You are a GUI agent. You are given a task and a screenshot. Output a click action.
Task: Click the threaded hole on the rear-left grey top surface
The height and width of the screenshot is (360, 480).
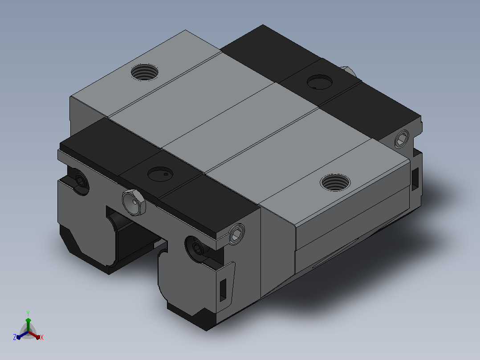point(144,72)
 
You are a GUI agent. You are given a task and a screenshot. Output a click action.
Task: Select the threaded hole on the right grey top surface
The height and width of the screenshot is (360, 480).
point(335,182)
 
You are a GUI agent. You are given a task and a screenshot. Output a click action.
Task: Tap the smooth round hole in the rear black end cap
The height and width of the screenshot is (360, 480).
point(320,82)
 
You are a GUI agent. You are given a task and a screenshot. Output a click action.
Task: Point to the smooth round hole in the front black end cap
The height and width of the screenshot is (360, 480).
point(160,174)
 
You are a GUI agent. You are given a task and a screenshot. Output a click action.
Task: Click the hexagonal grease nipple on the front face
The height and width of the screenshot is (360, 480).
point(134,202)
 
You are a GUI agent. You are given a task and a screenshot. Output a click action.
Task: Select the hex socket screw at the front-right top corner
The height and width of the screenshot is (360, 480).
point(236,234)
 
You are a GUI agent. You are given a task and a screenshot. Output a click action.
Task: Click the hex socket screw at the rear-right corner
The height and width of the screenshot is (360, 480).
point(402,139)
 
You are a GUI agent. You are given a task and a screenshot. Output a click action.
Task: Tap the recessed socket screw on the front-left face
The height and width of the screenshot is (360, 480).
point(80,181)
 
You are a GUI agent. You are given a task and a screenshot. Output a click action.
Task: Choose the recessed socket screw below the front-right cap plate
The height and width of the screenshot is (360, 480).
point(197,249)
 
